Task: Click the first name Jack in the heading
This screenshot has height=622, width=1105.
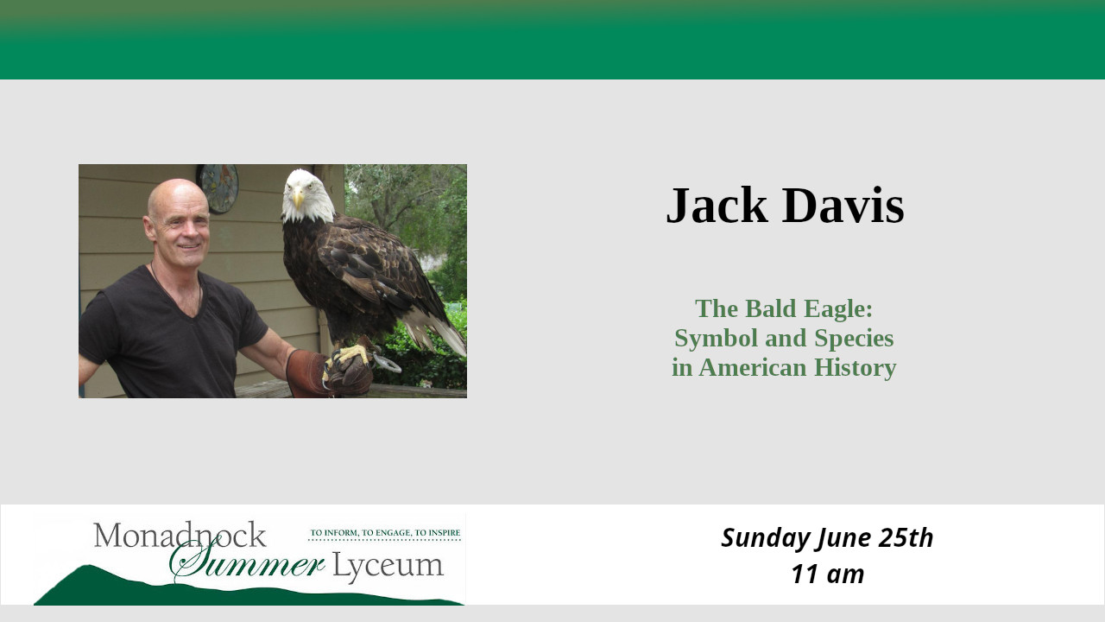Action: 717,206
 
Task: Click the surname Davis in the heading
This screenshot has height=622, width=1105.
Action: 843,206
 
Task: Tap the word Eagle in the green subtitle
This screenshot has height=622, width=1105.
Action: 838,310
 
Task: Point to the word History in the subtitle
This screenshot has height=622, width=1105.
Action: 855,368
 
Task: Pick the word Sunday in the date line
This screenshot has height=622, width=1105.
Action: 767,538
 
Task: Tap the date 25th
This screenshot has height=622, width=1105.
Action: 906,537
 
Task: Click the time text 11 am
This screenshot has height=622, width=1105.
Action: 828,574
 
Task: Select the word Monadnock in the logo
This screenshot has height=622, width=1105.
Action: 180,535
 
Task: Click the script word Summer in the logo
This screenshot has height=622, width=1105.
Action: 247,562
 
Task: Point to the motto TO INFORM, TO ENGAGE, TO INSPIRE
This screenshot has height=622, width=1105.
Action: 385,533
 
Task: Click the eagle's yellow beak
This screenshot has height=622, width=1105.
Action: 299,199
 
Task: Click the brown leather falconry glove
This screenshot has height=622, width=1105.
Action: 328,372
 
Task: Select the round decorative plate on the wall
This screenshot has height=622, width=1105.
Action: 218,188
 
